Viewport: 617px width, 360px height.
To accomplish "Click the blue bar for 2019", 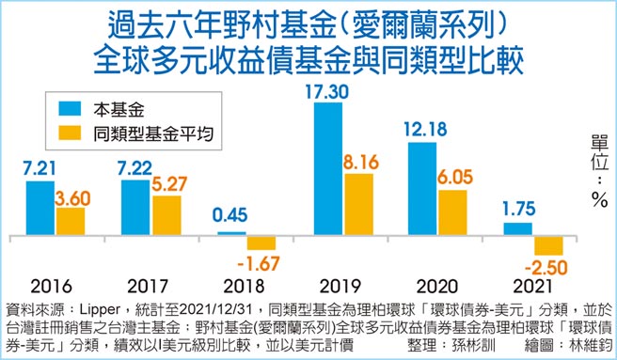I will [x=327, y=168].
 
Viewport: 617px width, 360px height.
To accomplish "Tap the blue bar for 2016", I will [x=40, y=207].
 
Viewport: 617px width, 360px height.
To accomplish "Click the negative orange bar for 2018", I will [x=261, y=242].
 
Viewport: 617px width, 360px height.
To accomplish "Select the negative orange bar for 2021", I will [x=549, y=245].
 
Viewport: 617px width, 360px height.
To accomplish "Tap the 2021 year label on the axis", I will [x=532, y=285].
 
